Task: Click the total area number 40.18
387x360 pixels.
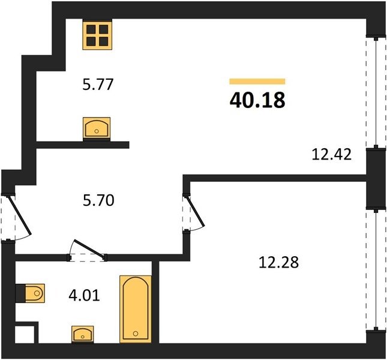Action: (x=257, y=100)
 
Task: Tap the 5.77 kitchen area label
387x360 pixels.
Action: (x=98, y=85)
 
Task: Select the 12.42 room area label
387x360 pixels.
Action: (x=331, y=154)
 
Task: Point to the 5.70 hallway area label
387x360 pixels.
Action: (x=98, y=200)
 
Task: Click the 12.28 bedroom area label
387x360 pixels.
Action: (x=278, y=262)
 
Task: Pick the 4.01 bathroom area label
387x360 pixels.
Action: (x=84, y=295)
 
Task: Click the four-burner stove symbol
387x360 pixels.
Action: (x=97, y=35)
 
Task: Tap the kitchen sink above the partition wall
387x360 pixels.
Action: (x=97, y=128)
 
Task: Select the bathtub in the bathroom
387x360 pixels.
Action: (x=136, y=309)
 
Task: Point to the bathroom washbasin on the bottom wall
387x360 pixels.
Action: (x=82, y=334)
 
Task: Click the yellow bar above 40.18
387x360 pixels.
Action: (x=257, y=82)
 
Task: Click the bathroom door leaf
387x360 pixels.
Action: (x=89, y=249)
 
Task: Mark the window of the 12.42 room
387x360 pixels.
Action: (x=376, y=93)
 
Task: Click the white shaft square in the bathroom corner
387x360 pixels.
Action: (x=25, y=334)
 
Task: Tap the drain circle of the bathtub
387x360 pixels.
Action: (x=136, y=334)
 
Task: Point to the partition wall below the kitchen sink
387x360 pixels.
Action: (x=83, y=145)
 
